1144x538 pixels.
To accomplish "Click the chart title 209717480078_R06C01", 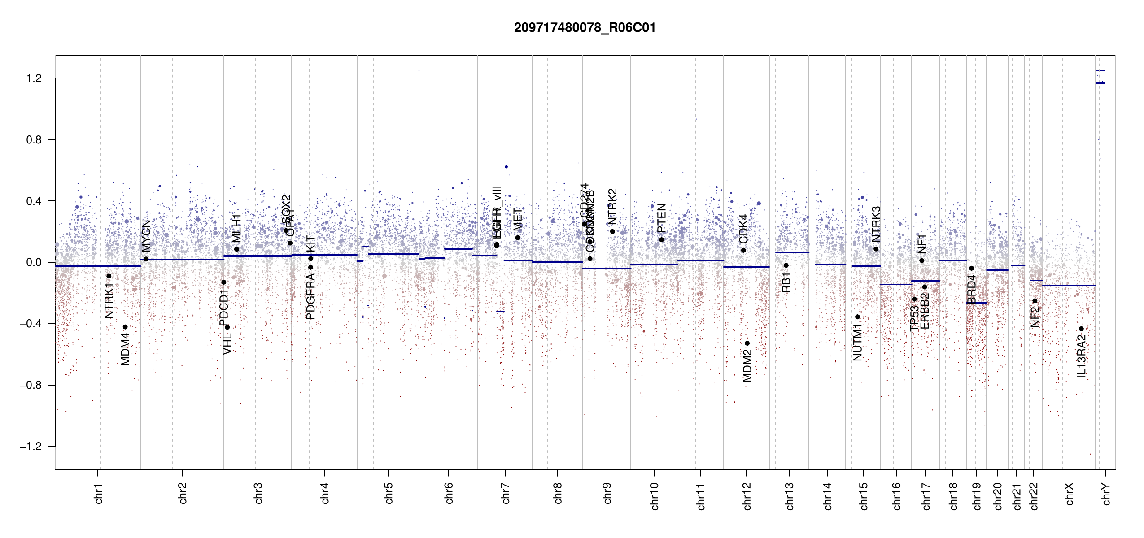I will [585, 28].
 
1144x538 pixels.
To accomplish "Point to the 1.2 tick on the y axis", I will [34, 78].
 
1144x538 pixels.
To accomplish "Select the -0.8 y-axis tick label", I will [31, 385].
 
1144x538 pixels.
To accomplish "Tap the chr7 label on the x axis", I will [506, 493].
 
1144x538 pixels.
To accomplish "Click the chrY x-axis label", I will [1106, 494].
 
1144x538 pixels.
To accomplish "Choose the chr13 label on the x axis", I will [789, 496].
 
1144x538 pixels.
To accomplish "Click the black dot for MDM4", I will [125, 327].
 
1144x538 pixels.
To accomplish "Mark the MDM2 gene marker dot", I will [747, 343].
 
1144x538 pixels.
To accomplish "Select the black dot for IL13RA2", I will [1081, 329].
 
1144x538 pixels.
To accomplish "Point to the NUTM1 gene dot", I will [857, 317].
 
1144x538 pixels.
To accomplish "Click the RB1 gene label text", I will [786, 282].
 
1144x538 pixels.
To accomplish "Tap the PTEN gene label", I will [661, 218].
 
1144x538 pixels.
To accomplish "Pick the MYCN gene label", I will [146, 235].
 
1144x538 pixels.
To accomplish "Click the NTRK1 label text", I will [109, 300].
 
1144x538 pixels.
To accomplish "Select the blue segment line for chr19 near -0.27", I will [976, 303].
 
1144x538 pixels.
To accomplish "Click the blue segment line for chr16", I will [896, 284].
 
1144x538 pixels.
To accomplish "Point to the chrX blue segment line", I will [1068, 286].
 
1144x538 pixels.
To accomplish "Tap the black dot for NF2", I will [1035, 301].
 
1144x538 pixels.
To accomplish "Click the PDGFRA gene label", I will [310, 296].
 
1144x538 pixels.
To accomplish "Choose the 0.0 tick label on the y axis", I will [34, 262].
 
